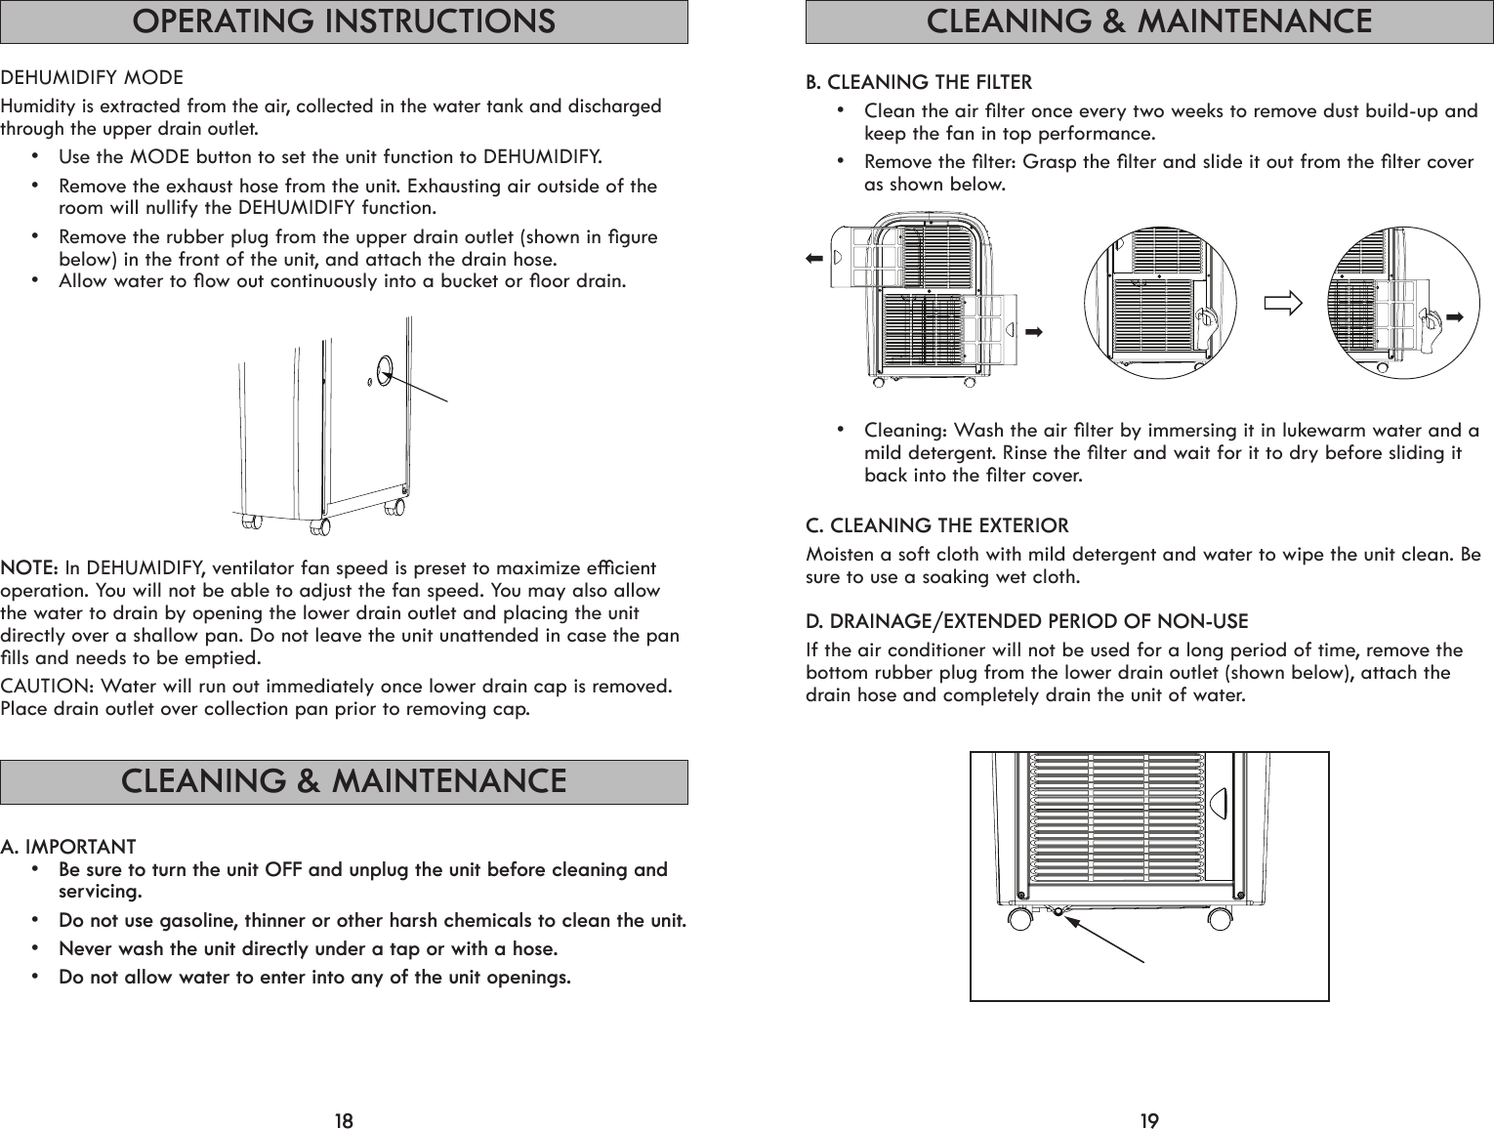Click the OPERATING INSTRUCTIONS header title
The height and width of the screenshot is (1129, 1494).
[344, 21]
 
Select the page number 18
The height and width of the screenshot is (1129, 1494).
[344, 1119]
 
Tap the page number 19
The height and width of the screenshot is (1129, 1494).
[1149, 1119]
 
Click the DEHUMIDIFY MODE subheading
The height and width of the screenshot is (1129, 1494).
[92, 77]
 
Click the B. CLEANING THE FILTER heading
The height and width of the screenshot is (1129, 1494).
[918, 82]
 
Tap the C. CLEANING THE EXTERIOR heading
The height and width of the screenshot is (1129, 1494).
[936, 526]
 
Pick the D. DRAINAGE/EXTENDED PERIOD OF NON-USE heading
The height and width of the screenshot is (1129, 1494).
[1026, 621]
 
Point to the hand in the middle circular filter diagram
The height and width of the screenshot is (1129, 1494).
[1207, 319]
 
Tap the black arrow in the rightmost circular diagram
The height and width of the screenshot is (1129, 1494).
[1457, 316]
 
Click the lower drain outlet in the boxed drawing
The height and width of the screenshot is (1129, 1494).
[1057, 910]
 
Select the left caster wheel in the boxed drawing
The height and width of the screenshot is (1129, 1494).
[1021, 919]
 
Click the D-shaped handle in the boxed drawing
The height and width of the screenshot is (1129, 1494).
[1218, 803]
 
